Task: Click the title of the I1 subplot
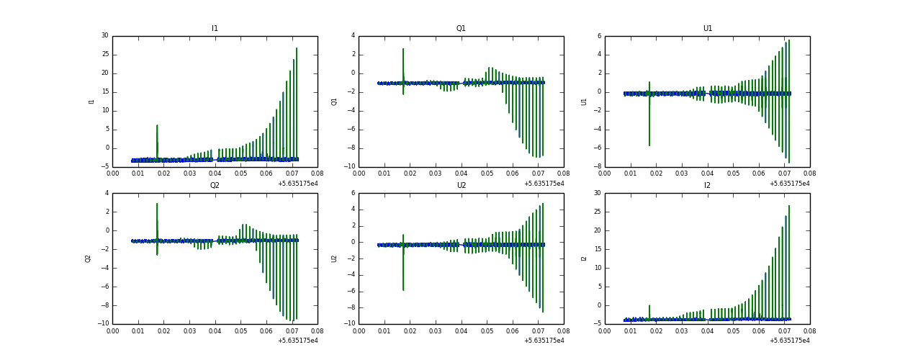215,29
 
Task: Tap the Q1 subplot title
461,29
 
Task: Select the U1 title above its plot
707,29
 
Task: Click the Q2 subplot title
215,186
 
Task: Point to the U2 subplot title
461,186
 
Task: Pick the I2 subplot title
707,186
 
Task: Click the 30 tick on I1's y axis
104,35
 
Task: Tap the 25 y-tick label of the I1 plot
104,54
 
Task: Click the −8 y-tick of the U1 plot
597,167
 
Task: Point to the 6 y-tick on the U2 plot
353,193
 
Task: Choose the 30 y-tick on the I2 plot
597,193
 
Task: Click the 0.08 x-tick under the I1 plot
318,174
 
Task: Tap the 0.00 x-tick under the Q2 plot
113,330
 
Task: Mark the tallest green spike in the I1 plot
296,49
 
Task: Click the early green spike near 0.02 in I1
157,126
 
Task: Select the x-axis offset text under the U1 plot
791,184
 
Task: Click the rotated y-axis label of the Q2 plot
89,258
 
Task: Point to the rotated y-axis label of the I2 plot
584,258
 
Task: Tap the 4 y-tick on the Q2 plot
107,193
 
